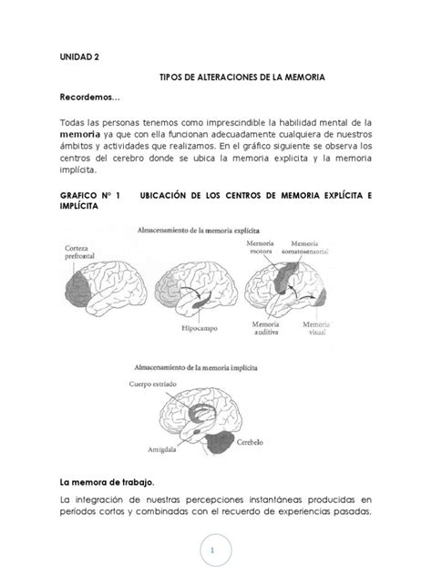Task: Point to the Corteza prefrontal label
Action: [x=81, y=252]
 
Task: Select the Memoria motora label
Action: [x=266, y=249]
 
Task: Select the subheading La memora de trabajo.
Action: [x=107, y=480]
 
